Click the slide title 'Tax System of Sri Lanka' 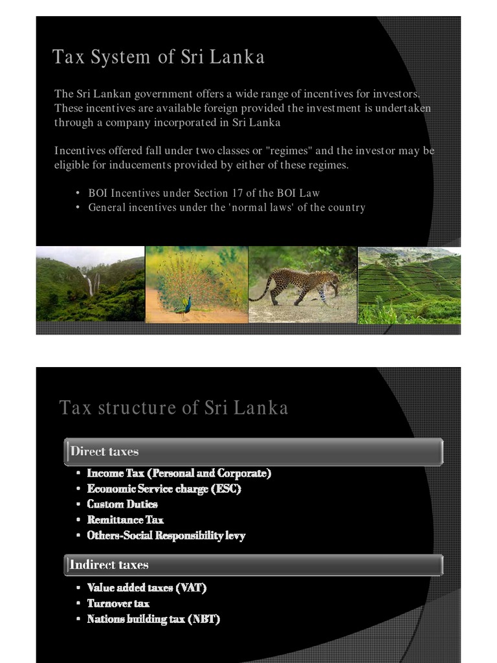pos(159,57)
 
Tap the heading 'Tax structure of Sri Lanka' pos(173,408)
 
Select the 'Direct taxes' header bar pos(253,451)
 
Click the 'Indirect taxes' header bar pos(253,565)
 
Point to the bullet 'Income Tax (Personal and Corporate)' pos(179,473)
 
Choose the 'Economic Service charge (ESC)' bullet pos(164,489)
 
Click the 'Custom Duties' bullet pos(122,504)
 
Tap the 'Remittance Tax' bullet pos(126,520)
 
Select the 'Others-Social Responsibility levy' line pos(166,535)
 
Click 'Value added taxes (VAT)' pos(147,588)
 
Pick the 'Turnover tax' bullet pos(118,603)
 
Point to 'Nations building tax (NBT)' pos(153,619)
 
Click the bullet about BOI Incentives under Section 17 pos(204,193)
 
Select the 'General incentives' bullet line pos(226,208)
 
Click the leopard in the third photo pos(304,284)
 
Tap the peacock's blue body pos(187,304)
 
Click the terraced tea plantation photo pos(409,285)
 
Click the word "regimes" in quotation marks pos(289,151)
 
